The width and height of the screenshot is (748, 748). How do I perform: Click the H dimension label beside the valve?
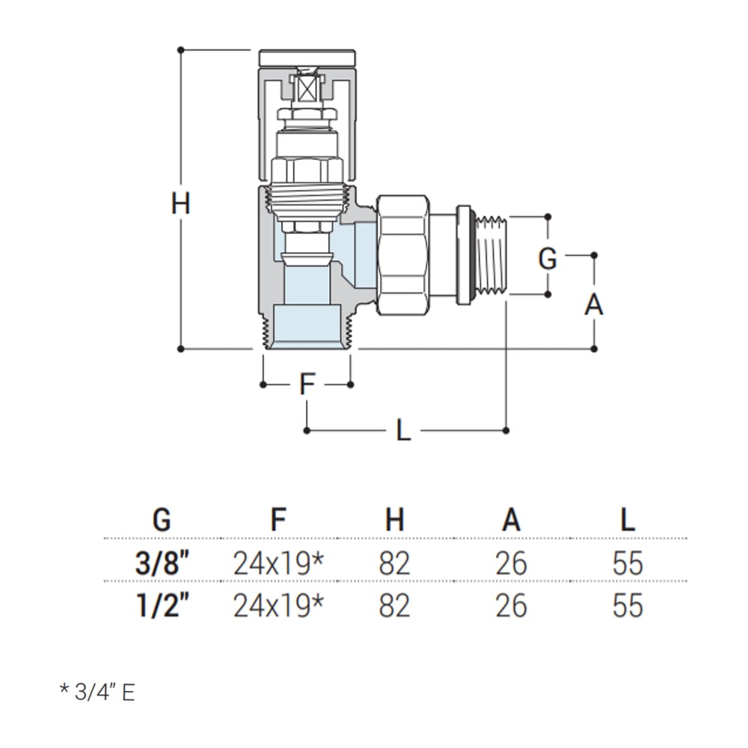pos(180,203)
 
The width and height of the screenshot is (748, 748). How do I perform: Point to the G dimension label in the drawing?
pos(548,259)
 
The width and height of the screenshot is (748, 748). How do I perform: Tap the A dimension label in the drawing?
pos(593,304)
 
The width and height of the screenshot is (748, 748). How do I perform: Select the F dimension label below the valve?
pos(307,384)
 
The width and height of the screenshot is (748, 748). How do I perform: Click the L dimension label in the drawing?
pos(403,430)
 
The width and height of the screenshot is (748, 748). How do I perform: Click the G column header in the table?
pos(161,519)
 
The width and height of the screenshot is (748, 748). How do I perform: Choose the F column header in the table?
pos(278,519)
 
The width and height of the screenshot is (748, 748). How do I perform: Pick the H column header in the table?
pos(394,519)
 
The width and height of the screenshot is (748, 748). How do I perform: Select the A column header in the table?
pos(511,519)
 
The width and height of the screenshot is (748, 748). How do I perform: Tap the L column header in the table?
pos(627,519)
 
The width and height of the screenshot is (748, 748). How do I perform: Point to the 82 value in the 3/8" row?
pos(394,562)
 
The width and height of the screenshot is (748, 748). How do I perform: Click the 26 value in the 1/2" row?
pos(511,605)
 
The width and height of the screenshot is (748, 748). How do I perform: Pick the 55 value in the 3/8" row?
pos(627,562)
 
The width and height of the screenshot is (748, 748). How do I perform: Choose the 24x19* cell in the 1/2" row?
pos(278,605)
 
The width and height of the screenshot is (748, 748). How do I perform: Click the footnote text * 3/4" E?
pos(97,692)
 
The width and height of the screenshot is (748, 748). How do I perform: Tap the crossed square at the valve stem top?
pos(307,91)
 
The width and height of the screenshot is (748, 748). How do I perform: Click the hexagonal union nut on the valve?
pos(402,254)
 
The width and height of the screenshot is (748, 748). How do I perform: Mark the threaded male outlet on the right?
pos(492,255)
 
